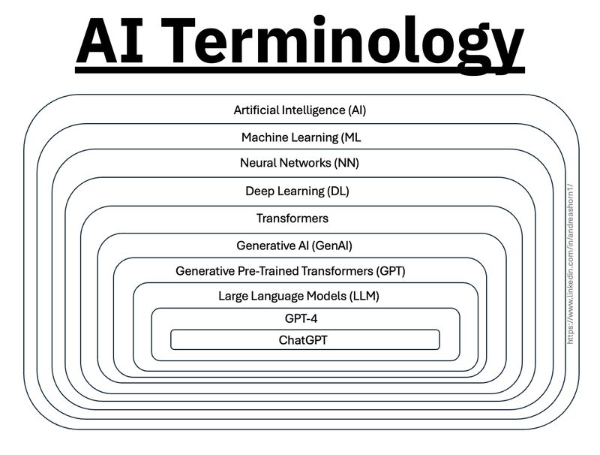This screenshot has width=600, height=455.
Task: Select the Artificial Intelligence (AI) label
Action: click(x=300, y=110)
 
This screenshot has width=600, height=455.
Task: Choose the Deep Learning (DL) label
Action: click(x=297, y=191)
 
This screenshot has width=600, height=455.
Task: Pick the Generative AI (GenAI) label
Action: click(x=294, y=246)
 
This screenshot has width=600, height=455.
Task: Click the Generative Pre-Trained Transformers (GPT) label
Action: click(x=295, y=270)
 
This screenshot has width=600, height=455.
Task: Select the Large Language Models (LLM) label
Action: click(x=298, y=296)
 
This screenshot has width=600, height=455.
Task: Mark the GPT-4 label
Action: click(x=301, y=318)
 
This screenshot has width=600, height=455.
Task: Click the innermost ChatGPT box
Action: click(x=304, y=340)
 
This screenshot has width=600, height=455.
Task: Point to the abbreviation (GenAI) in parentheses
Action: click(x=332, y=246)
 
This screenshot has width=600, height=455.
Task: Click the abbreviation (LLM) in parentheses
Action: click(x=364, y=296)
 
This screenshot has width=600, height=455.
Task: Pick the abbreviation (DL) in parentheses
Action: click(x=338, y=191)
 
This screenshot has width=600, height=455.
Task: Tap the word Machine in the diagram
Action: click(x=263, y=137)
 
